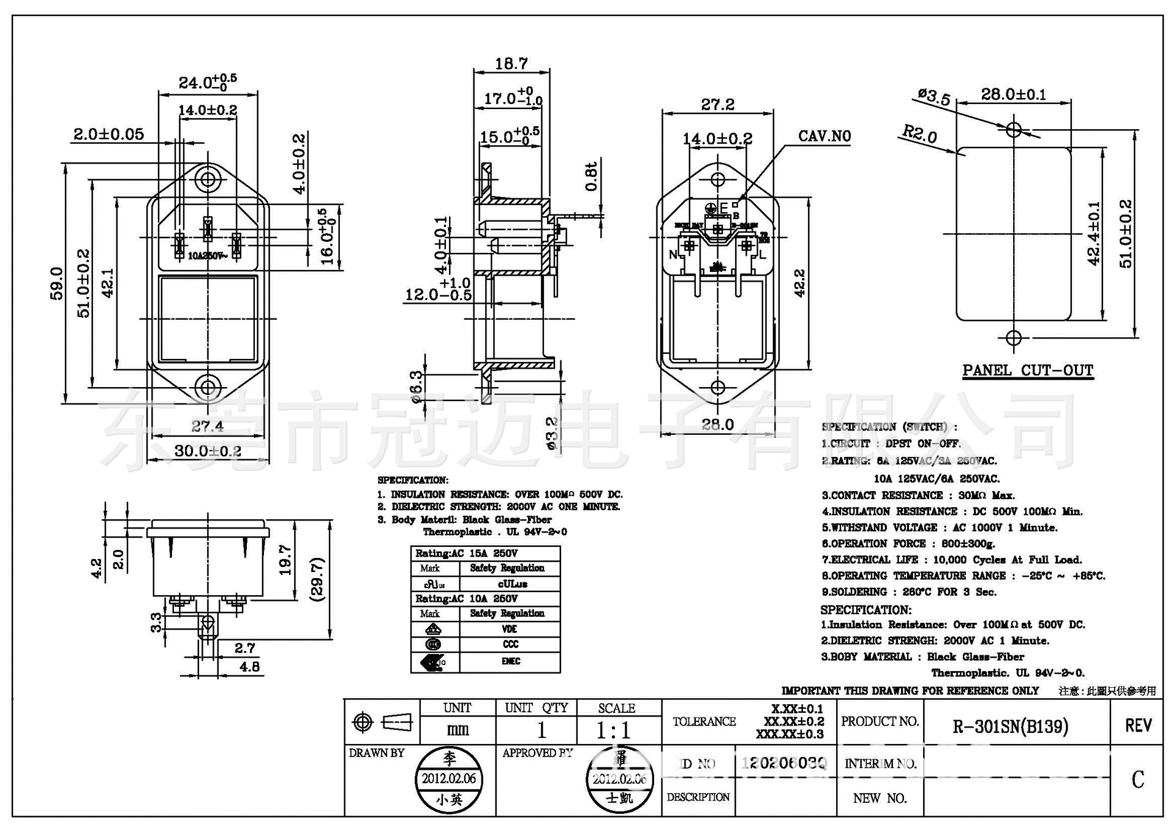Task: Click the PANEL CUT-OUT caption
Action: (x=1027, y=370)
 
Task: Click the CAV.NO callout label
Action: (x=824, y=136)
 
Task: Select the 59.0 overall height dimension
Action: (x=56, y=283)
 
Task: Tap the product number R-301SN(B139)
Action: (x=1011, y=726)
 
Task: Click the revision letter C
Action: (x=1137, y=780)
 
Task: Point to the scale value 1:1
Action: (x=613, y=730)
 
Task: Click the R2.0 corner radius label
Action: (x=919, y=133)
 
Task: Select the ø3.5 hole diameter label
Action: (x=933, y=97)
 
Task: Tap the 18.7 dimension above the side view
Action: (x=511, y=63)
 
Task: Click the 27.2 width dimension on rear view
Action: (x=717, y=104)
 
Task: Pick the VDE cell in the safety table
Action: (x=510, y=629)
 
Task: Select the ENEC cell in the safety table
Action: (x=510, y=661)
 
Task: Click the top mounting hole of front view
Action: (x=208, y=179)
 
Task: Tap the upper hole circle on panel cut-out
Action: (x=1014, y=129)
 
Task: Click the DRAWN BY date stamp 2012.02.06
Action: (x=449, y=779)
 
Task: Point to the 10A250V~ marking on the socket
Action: (x=207, y=255)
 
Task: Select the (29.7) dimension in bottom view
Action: (x=317, y=579)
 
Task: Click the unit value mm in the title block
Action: (x=457, y=729)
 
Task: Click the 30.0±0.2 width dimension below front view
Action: (x=208, y=451)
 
